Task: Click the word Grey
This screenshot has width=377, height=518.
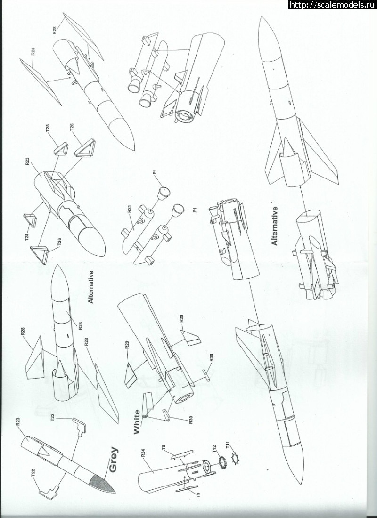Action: (114, 459)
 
